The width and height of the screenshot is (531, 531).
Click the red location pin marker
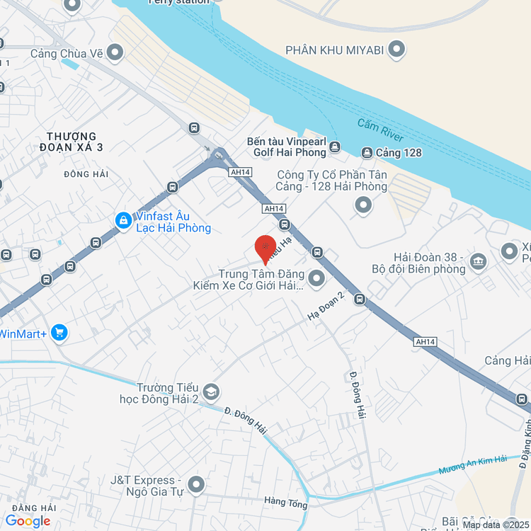pyautogui.click(x=265, y=248)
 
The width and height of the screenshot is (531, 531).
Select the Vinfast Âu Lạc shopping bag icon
pyautogui.click(x=124, y=221)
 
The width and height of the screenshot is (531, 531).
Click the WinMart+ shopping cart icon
pyautogui.click(x=59, y=332)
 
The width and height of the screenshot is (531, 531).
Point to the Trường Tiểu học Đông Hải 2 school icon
pyautogui.click(x=210, y=392)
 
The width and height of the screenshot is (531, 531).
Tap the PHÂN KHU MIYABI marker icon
pyautogui.click(x=397, y=50)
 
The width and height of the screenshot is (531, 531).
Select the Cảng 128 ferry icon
pyautogui.click(x=367, y=153)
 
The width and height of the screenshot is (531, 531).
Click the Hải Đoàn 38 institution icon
pyautogui.click(x=479, y=262)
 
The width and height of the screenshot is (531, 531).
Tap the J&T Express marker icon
pyautogui.click(x=196, y=485)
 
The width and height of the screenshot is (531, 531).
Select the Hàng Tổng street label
pyautogui.click(x=285, y=503)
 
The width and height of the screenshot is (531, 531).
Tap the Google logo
pyautogui.click(x=28, y=521)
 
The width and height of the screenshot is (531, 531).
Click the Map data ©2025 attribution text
pyautogui.click(x=495, y=525)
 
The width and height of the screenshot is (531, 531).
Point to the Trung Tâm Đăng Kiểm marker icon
pyautogui.click(x=316, y=278)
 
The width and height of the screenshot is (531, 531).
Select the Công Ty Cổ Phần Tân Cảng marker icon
pyautogui.click(x=363, y=206)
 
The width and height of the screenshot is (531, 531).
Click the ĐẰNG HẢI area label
pyautogui.click(x=33, y=508)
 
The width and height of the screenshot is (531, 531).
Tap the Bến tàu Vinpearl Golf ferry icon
pyautogui.click(x=335, y=147)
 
